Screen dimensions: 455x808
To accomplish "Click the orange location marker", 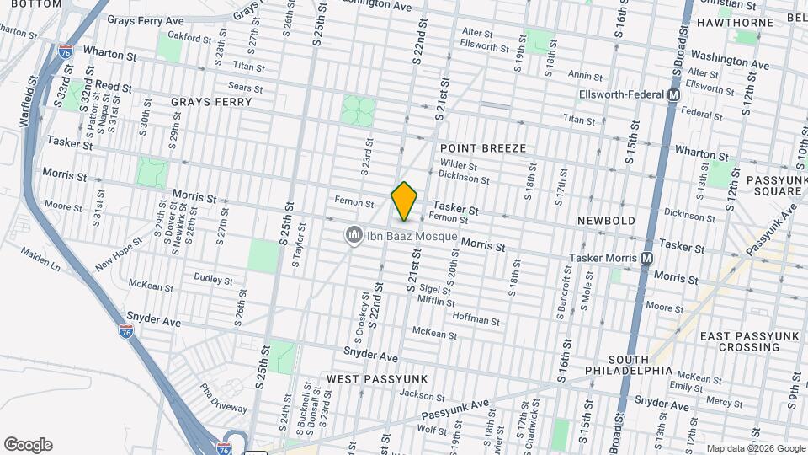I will (405, 201).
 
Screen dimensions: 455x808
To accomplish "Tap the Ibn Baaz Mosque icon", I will (354, 236).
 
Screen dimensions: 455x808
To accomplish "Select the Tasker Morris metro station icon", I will (646, 258).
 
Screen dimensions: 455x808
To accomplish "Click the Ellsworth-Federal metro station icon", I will (673, 96).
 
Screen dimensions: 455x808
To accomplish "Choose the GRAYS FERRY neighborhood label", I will (211, 102).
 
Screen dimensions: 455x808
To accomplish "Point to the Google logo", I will (28, 444).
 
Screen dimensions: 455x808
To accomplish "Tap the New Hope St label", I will (114, 254).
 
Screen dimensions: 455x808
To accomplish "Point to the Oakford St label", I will (189, 38).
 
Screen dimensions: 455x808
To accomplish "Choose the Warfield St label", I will (29, 104).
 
